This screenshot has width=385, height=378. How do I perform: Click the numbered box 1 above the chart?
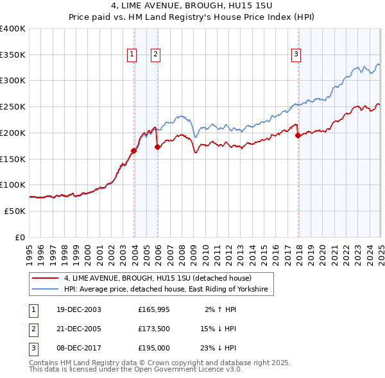coord(132,54)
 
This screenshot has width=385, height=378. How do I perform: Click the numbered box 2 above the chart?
coord(155,54)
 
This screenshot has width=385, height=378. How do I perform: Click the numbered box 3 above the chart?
coord(296,54)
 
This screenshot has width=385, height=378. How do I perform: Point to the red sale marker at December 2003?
coord(134,151)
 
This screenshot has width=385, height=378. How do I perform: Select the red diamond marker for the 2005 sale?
coord(158,147)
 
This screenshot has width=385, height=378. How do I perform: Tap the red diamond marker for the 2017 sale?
coord(298,135)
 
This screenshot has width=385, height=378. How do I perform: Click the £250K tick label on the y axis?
coord(13,106)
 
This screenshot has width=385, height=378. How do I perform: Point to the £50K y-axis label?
coord(15,211)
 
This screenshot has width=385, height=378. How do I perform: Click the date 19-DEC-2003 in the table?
coord(78,309)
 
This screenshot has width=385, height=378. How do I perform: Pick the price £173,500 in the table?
coord(153,329)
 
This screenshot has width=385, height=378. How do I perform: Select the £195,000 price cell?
coord(153,348)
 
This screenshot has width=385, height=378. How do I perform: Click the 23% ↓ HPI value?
coord(218,348)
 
